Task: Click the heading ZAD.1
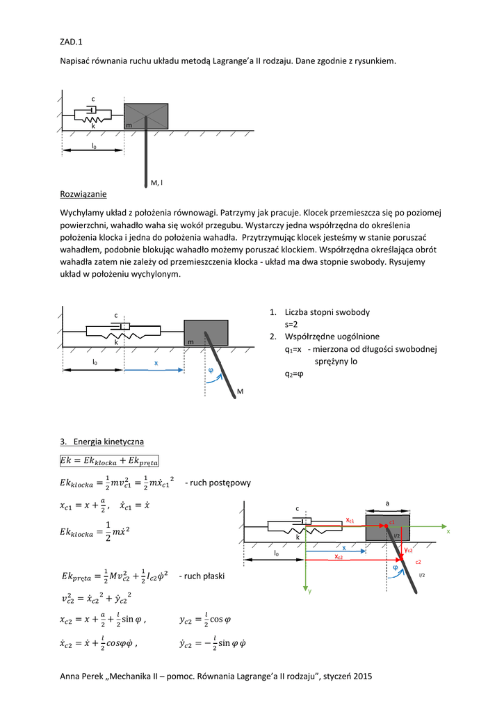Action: (72, 42)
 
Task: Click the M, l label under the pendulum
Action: (156, 183)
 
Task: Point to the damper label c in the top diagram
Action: (93, 99)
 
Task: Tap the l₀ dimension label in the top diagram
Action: (93, 146)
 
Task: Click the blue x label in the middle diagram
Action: (156, 363)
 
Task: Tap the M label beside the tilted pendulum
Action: (240, 393)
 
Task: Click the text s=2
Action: (291, 324)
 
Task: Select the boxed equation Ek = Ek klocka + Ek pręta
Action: (110, 460)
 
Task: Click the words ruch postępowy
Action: (221, 483)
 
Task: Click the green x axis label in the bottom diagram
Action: (449, 532)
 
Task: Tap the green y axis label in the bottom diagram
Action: (310, 590)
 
